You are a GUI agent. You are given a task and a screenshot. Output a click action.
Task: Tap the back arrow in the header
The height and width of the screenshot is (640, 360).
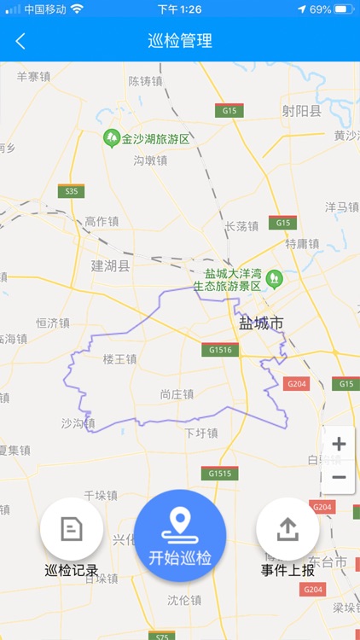pyautogui.click(x=20, y=41)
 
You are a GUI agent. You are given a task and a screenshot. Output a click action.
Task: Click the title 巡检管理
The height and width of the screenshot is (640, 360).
pyautogui.click(x=180, y=41)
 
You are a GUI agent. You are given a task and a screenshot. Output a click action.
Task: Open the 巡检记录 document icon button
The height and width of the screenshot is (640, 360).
pyautogui.click(x=72, y=529)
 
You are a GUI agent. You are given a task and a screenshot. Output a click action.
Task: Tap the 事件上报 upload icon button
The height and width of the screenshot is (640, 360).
pyautogui.click(x=287, y=529)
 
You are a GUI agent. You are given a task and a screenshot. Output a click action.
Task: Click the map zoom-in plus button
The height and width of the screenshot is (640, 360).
pyautogui.click(x=339, y=444)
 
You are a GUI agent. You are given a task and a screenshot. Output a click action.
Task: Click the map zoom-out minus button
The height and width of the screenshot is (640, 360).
pyautogui.click(x=339, y=477)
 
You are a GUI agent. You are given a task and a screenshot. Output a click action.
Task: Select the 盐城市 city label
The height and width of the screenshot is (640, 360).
pyautogui.click(x=260, y=323)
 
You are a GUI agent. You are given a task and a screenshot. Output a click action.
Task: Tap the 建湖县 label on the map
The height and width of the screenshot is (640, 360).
pyautogui.click(x=111, y=266)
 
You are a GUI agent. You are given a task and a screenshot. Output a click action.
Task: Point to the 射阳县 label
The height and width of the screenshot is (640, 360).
pyautogui.click(x=302, y=110)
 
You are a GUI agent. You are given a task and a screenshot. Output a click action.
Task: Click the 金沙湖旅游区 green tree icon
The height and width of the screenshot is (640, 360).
pyautogui.click(x=111, y=138)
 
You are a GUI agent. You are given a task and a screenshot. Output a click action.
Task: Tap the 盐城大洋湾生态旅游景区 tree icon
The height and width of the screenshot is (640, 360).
pyautogui.click(x=274, y=278)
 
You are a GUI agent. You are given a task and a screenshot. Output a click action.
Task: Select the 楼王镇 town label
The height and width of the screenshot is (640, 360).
pyautogui.click(x=119, y=359)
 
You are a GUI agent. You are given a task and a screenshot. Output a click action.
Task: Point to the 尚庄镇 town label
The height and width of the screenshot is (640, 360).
pyautogui.click(x=177, y=394)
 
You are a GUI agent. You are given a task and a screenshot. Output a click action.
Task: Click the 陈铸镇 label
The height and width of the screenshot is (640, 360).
pyautogui.click(x=145, y=81)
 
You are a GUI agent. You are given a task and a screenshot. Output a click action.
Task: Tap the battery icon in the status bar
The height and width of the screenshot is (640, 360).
pyautogui.click(x=344, y=9)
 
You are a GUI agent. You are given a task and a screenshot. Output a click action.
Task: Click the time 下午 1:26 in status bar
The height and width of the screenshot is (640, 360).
pyautogui.click(x=180, y=9)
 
